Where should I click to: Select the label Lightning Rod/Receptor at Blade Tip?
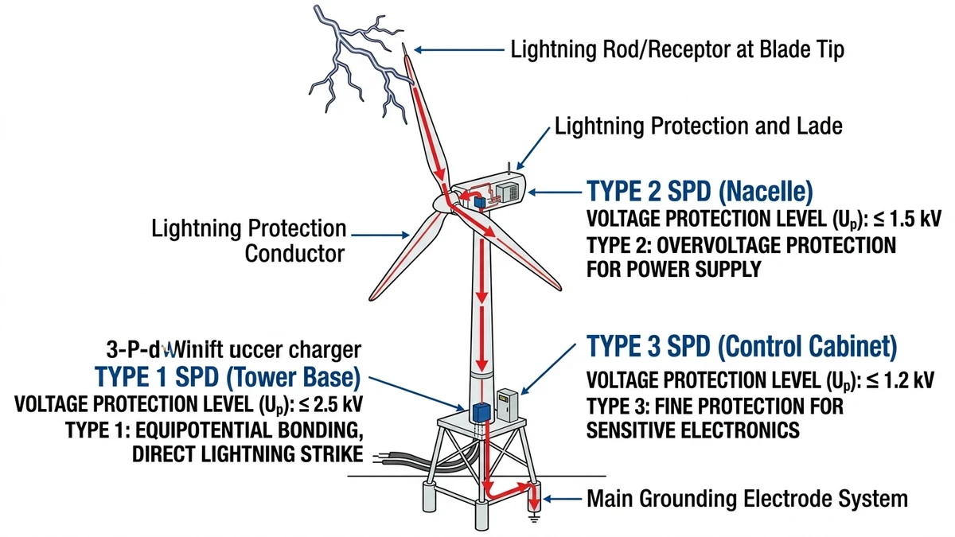pyautogui.click(x=676, y=50)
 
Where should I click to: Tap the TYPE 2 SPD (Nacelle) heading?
pyautogui.click(x=699, y=192)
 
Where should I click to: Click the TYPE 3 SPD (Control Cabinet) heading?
pyautogui.click(x=742, y=348)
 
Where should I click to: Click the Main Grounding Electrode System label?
pyautogui.click(x=746, y=499)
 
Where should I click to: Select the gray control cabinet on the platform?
pyautogui.click(x=507, y=405)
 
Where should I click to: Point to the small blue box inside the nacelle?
pyautogui.click(x=480, y=203)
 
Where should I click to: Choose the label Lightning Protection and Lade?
pyautogui.click(x=698, y=126)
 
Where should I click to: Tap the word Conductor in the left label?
pyautogui.click(x=294, y=254)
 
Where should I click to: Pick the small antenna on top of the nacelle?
pyautogui.click(x=508, y=168)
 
